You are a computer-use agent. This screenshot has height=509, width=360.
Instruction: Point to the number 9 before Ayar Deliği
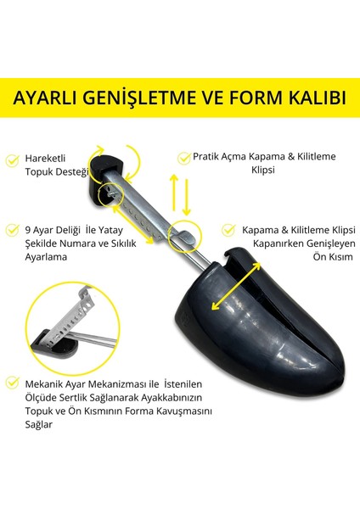tap(31, 229)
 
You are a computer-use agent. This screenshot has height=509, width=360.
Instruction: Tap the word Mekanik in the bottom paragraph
tap(48, 383)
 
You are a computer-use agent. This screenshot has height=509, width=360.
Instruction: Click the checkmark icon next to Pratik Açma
tap(183, 157)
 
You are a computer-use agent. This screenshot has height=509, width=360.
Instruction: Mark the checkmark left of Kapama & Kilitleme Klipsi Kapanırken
tap(228, 230)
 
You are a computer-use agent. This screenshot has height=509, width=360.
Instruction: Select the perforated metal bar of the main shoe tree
tap(140, 204)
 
